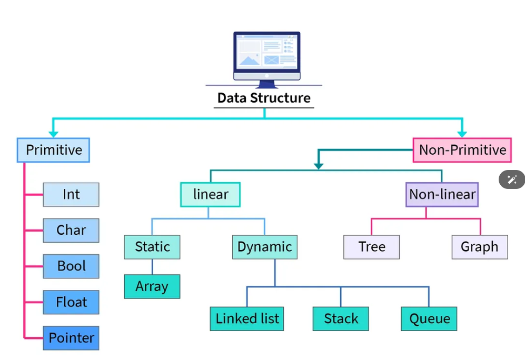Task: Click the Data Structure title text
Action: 264,98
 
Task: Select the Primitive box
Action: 54,150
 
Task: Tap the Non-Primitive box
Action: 462,150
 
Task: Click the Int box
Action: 71,195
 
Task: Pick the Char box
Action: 71,231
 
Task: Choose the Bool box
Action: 71,266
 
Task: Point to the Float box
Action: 71,302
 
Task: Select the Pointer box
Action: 71,338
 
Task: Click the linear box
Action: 211,195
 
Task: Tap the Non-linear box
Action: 442,195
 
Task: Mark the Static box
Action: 152,247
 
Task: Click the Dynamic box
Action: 264,247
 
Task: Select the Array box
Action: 152,287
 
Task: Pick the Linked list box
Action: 247,319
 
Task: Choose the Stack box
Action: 341,319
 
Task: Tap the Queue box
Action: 429,319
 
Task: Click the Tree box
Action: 372,247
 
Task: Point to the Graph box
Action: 479,247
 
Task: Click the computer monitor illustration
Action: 266,57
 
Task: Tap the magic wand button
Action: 512,179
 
